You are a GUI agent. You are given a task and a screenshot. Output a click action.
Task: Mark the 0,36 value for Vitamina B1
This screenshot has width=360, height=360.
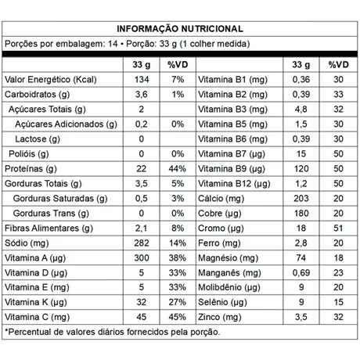[300, 80]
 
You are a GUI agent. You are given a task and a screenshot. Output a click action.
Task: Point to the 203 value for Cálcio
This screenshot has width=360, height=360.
[300, 198]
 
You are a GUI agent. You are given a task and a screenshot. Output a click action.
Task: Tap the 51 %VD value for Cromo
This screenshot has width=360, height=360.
[337, 228]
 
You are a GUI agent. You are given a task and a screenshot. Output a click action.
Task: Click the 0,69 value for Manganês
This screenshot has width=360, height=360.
[300, 272]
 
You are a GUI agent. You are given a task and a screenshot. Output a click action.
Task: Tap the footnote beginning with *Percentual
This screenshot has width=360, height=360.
[112, 333]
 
